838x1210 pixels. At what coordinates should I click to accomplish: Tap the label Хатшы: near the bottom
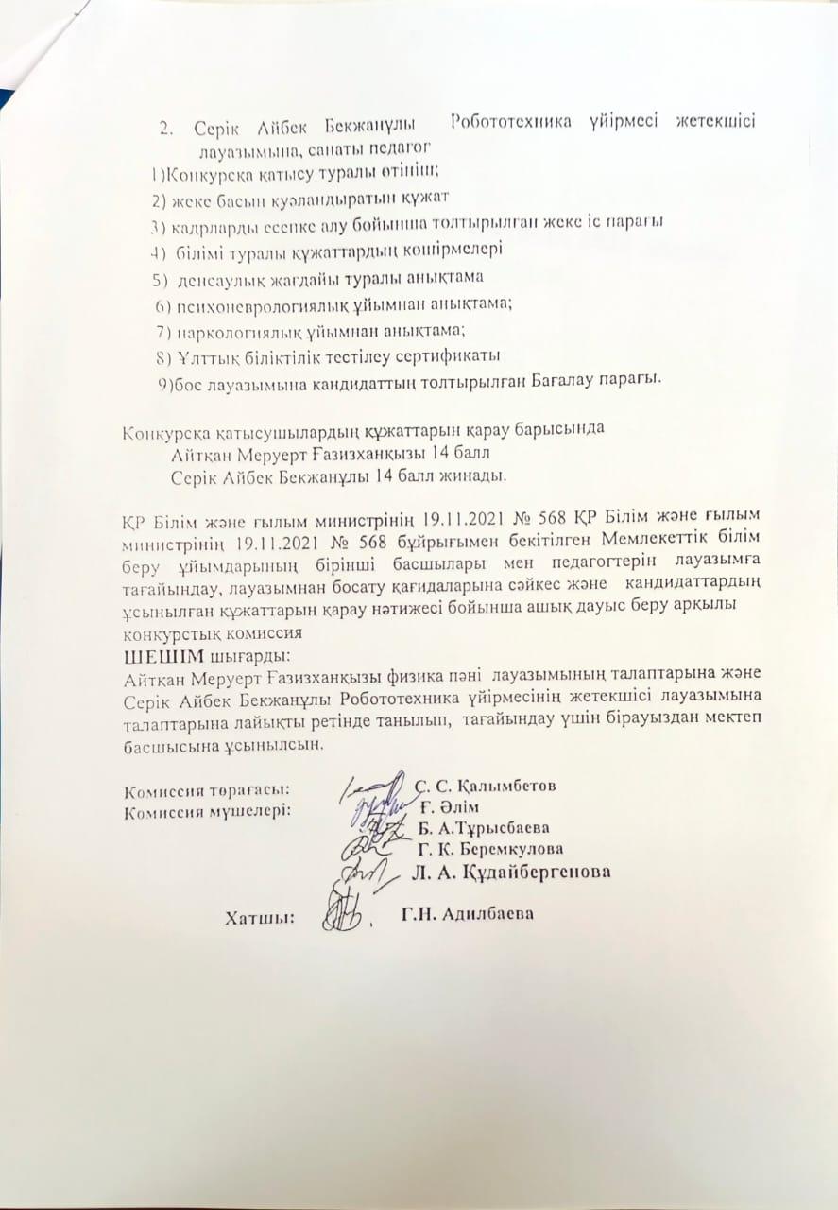pos(258,915)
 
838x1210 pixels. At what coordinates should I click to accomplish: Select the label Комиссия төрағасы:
pos(207,787)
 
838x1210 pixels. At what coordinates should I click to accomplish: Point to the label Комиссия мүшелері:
pos(209,809)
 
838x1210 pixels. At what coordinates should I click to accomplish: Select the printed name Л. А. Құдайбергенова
pos(511,871)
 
